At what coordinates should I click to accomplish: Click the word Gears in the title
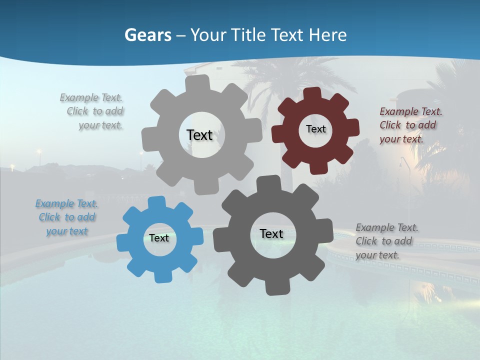click(147, 35)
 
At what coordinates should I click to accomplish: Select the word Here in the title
click(327, 35)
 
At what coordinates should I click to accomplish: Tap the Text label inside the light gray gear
click(199, 135)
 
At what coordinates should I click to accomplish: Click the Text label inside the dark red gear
click(315, 129)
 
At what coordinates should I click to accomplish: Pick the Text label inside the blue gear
click(159, 238)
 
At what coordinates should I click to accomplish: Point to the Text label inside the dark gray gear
click(271, 233)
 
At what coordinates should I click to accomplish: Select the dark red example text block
click(410, 125)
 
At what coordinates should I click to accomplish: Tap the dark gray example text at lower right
click(386, 241)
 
